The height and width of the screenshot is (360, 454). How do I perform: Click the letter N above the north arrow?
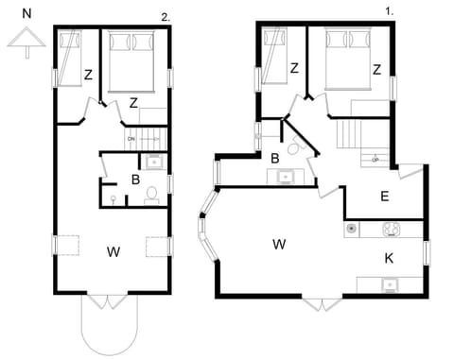tap(26, 14)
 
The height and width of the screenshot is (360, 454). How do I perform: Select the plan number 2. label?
tap(166, 17)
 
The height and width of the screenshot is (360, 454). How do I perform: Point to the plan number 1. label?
tap(388, 11)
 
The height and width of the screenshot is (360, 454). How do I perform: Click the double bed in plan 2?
tap(132, 59)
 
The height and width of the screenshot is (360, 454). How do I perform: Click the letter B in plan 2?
tap(135, 179)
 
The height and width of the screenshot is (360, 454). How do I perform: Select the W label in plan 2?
tap(113, 251)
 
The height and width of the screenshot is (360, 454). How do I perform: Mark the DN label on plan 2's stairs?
tap(131, 140)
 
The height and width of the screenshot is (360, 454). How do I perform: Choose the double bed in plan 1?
tap(347, 59)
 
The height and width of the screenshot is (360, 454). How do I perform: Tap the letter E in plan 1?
tap(384, 197)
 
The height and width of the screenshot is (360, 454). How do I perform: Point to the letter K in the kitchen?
tap(389, 257)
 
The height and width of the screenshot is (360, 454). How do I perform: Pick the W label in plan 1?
tap(279, 245)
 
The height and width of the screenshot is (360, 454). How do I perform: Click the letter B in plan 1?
tap(274, 158)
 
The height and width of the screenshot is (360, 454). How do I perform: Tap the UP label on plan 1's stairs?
tap(375, 159)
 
